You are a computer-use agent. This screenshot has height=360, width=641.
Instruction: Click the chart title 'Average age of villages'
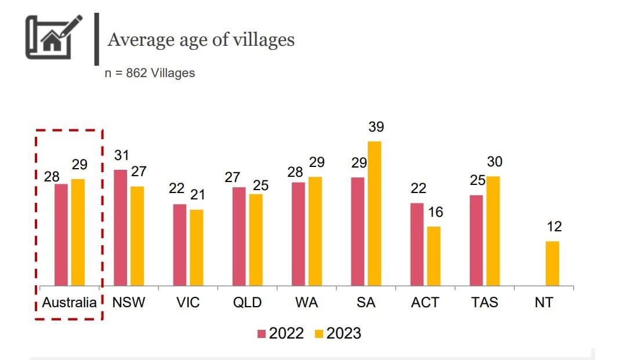pos(201,39)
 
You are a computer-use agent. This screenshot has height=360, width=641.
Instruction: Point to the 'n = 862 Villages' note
pos(150,73)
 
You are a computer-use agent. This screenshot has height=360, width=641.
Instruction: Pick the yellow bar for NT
pos(552,263)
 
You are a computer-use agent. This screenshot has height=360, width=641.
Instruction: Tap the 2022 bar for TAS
pos(476,240)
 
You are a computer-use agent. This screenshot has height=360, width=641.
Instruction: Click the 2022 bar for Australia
pos(61,234)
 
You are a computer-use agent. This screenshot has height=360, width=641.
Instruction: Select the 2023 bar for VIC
pos(197,248)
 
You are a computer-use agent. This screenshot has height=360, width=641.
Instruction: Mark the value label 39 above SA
pos(376,127)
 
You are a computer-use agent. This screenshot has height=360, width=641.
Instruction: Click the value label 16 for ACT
pos(435,212)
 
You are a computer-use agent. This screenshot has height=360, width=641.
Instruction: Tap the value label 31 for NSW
pos(121,155)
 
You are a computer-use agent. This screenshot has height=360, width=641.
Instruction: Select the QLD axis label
pos(247,302)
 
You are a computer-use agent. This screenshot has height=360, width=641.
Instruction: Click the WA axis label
pos(307,302)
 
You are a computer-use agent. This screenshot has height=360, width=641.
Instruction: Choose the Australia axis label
pos(70,302)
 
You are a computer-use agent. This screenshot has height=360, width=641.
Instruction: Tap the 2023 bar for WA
pos(316,231)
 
